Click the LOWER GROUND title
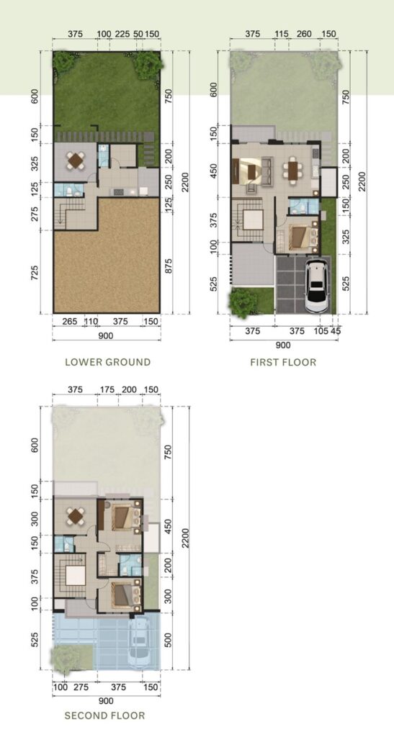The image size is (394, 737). (107, 362)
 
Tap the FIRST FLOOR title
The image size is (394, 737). (283, 362)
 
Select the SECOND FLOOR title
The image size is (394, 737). (104, 715)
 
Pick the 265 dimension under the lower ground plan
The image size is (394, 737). (68, 321)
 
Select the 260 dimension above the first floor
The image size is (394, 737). (304, 34)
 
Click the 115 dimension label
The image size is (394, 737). (281, 34)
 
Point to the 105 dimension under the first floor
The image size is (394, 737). (321, 331)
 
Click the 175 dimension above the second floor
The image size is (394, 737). (107, 389)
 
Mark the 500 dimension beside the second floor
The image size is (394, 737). (169, 640)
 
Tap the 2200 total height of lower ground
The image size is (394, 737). (185, 182)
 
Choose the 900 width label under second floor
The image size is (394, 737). (107, 701)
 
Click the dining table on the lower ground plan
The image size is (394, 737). (75, 160)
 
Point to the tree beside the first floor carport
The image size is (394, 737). (243, 302)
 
